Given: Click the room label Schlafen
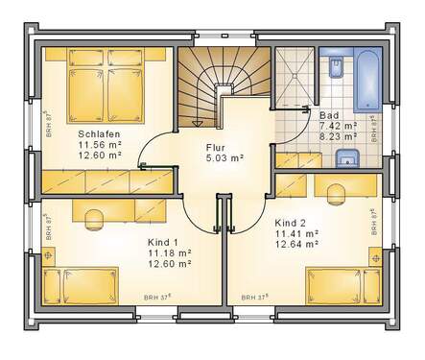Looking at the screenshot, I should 98,134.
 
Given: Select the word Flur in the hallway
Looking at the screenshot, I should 216,149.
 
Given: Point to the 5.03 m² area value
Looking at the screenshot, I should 224,158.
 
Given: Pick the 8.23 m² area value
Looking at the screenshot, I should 338,136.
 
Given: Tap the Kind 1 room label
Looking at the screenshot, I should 164,242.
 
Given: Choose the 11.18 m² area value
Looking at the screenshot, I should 169,252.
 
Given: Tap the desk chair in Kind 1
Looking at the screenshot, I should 94,217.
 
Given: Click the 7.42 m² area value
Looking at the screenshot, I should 338,126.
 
